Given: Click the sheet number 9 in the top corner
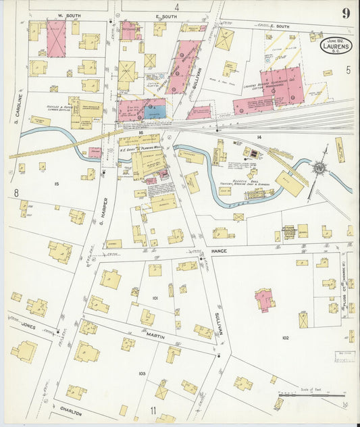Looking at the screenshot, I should tap(345, 14).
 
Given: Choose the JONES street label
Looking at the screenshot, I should tap(28, 325).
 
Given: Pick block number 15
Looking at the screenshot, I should tap(56, 184).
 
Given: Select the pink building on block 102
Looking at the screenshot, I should tap(264, 298).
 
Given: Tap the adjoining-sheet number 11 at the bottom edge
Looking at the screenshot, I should tap(153, 410).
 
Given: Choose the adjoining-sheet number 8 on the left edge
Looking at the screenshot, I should tap(14, 193).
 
